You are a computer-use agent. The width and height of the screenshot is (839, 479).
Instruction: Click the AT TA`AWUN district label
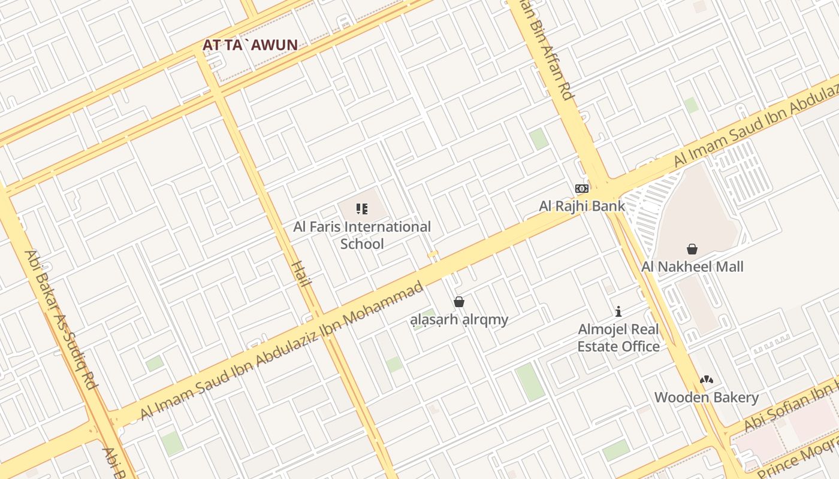point(250,45)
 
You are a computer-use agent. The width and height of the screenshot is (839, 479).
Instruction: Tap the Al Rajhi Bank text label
point(582,206)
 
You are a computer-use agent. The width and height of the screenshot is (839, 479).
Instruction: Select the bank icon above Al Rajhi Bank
point(582,189)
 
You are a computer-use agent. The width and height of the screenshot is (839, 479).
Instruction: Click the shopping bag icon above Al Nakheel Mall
point(692,249)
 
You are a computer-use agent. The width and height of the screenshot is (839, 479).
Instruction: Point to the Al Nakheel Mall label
point(692,266)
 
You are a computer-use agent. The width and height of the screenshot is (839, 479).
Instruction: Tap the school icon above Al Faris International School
point(362,209)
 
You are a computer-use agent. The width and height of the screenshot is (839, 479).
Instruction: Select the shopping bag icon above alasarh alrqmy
point(459,302)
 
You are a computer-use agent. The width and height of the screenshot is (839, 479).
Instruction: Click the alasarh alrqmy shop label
point(459,319)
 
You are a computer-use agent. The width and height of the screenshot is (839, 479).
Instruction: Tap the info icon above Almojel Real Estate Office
point(618,311)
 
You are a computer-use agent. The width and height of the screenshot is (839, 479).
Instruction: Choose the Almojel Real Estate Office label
point(618,338)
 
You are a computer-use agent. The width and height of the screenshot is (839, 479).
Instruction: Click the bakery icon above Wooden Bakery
point(707,380)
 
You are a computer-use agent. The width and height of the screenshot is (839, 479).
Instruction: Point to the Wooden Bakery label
point(707,397)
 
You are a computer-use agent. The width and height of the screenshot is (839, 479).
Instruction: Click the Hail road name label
point(300,274)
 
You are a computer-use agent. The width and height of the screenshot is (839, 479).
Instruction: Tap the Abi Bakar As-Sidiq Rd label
point(61,320)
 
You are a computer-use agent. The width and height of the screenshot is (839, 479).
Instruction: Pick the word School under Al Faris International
point(362,244)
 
